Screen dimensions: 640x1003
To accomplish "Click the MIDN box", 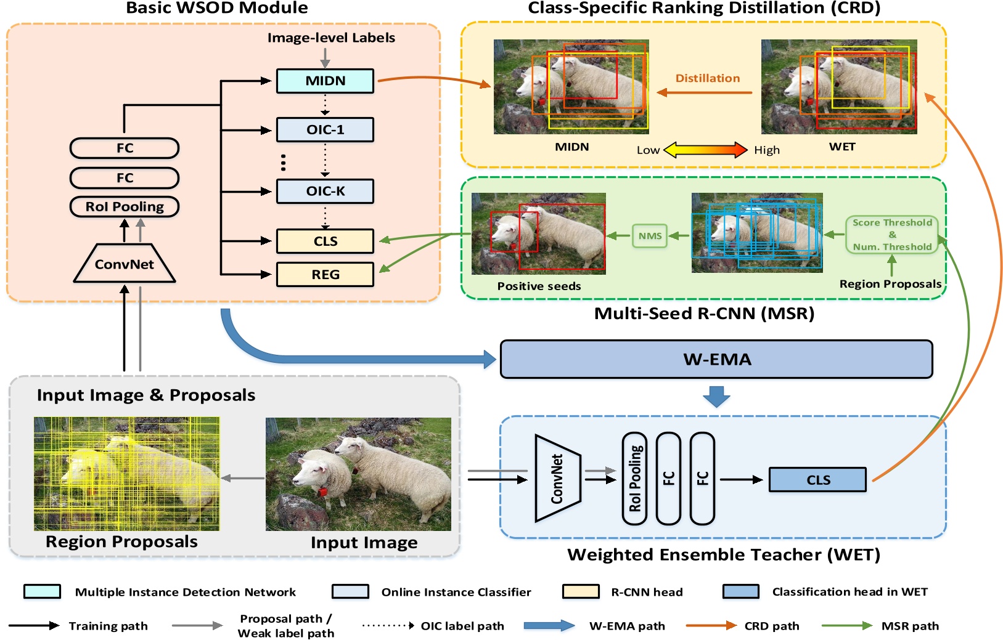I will [325, 81].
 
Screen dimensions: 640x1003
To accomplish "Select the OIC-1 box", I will [325, 130].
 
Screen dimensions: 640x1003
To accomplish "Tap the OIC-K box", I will [325, 192].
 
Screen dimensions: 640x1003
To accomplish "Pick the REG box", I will [325, 275].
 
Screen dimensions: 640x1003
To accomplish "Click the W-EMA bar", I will [716, 360].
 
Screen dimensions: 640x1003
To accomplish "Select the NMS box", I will [650, 236].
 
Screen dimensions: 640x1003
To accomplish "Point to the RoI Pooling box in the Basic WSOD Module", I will [125, 207].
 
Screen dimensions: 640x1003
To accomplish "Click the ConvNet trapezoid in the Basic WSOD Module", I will [125, 264].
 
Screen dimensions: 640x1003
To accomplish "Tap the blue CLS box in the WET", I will [817, 480].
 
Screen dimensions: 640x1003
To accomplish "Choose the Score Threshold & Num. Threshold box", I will [892, 235].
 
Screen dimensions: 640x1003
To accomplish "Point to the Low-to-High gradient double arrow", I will [706, 150].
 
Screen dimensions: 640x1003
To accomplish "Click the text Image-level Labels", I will [331, 38].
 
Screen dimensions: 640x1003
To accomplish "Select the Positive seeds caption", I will [539, 286].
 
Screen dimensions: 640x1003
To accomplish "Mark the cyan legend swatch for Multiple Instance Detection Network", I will [42, 592].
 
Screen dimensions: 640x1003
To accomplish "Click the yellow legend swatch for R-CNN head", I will [581, 592].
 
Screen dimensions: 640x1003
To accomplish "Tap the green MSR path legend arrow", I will [847, 626].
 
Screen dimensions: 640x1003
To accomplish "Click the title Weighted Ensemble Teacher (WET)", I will [724, 555].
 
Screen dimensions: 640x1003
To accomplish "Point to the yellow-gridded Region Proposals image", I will [127, 474].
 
